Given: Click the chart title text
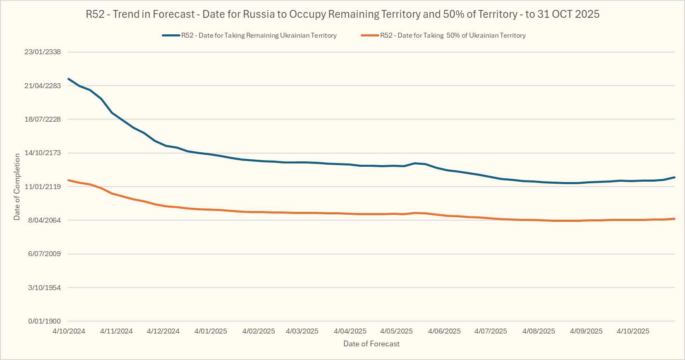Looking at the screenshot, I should point(342,14).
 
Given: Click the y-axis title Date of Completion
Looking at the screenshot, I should point(17,187).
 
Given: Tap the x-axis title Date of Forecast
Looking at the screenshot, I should point(371,344).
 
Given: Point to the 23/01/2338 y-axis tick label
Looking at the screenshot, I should point(43,52).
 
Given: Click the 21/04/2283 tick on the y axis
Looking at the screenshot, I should point(43,86).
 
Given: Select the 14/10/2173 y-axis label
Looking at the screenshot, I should point(43,153).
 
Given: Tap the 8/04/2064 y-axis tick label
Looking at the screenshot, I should point(44,220).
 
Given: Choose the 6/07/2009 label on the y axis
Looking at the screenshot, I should point(44,254).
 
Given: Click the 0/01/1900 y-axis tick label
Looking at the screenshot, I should point(44,321).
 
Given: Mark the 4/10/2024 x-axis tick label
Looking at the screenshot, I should point(69,331).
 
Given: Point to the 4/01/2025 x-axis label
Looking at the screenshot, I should point(211,331).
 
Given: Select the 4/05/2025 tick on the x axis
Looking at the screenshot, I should point(397,331).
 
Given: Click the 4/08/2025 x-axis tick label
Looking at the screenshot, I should point(539,331).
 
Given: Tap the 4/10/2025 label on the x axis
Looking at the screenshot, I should point(633,331).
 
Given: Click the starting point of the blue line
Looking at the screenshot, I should point(69,79).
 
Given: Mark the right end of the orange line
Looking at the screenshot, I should point(675,218).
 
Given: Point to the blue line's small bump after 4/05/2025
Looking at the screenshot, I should point(415,163).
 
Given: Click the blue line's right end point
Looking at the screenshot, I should point(675,177).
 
